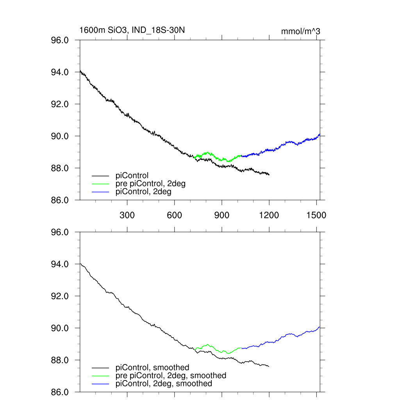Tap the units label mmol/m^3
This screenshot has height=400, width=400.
[300, 31]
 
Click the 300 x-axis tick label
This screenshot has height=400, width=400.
[127, 215]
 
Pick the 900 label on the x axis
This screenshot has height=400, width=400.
[222, 215]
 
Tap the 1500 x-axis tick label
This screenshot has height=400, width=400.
[316, 215]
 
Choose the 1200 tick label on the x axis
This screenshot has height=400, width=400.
[269, 215]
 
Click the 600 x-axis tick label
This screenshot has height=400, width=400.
[174, 215]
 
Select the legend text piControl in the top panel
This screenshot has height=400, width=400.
[132, 176]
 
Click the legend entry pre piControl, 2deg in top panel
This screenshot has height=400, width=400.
[150, 184]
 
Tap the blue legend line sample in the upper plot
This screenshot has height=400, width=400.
[100, 192]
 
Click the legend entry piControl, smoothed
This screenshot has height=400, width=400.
[152, 367]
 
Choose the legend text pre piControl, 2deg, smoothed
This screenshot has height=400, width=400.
[171, 375]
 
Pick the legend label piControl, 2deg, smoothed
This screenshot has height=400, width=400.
[164, 384]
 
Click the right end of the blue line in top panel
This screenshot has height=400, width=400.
[320, 134]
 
